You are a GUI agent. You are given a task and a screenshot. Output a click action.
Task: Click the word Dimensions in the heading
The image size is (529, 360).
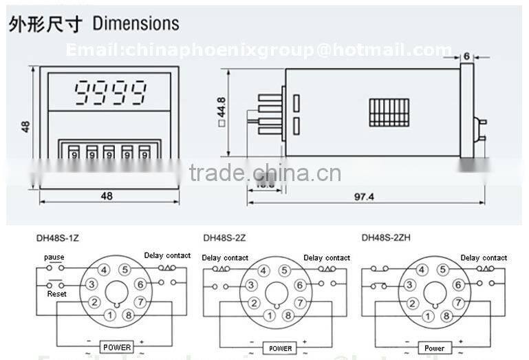136,23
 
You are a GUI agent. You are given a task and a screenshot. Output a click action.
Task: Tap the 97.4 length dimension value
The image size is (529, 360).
365,197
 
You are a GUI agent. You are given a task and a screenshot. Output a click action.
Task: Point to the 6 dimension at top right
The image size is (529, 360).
466,56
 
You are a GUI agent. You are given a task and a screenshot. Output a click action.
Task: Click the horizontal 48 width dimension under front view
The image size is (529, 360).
107,195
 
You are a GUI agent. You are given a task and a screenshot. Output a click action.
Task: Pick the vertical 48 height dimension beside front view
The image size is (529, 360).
26,127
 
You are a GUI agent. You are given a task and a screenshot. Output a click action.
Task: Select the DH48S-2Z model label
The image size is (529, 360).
224,239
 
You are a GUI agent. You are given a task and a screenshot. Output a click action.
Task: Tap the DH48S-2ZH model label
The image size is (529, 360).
385,239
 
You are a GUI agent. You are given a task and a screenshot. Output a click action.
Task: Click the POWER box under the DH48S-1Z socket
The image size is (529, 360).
117,348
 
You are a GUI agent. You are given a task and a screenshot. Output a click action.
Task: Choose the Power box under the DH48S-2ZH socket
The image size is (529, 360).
434,348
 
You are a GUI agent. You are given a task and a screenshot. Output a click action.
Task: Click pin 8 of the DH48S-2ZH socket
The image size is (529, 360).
448,315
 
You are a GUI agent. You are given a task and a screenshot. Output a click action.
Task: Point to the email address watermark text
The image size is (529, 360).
259,50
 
